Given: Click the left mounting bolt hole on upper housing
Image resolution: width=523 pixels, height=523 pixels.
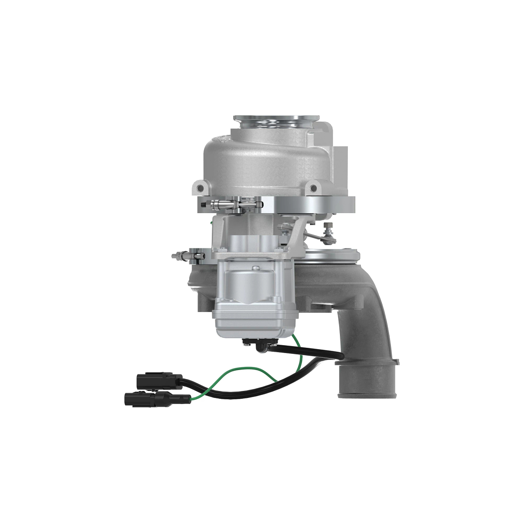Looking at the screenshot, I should (200, 188).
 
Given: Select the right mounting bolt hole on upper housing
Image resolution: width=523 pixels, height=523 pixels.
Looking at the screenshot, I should (312, 188).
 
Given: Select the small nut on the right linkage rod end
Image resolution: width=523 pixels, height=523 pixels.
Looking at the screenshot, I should (328, 226).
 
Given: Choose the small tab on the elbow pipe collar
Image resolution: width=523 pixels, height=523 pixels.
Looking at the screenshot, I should (396, 361).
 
